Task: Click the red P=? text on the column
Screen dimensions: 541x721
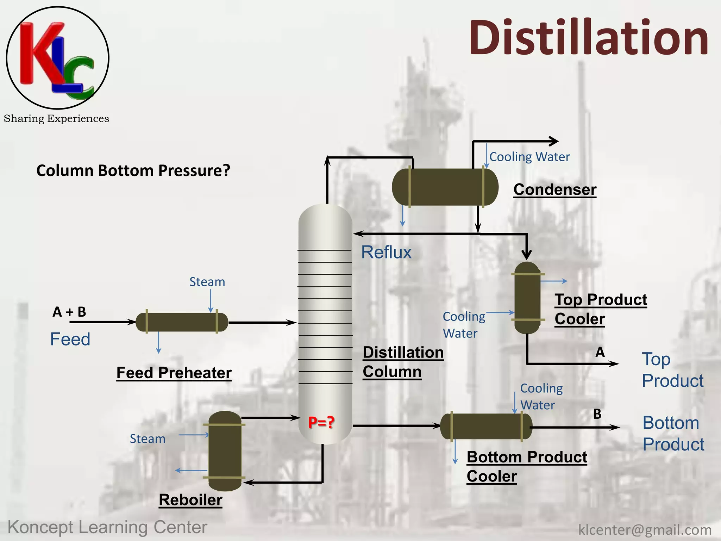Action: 321,422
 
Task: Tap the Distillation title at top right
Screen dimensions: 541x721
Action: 588,38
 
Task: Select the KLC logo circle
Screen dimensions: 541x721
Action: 57,57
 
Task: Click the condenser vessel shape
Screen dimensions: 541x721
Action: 445,187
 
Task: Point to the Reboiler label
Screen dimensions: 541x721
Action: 190,500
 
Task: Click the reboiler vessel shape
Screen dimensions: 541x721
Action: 225,451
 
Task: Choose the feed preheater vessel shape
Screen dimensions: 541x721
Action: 182,322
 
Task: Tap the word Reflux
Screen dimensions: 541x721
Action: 386,252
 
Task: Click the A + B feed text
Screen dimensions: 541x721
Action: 69,312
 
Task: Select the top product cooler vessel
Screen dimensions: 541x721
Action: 527,298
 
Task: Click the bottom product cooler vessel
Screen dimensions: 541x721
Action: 486,427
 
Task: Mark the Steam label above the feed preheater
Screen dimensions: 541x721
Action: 207,282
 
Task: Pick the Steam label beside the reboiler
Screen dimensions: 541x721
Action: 148,439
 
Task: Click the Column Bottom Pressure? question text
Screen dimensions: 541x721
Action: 133,170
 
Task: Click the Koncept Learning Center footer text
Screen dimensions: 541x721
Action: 107,527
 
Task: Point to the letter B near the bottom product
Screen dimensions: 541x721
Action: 597,414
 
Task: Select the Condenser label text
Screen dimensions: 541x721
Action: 555,189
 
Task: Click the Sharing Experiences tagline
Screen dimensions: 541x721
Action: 56,119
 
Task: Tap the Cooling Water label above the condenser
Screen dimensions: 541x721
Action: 529,157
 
